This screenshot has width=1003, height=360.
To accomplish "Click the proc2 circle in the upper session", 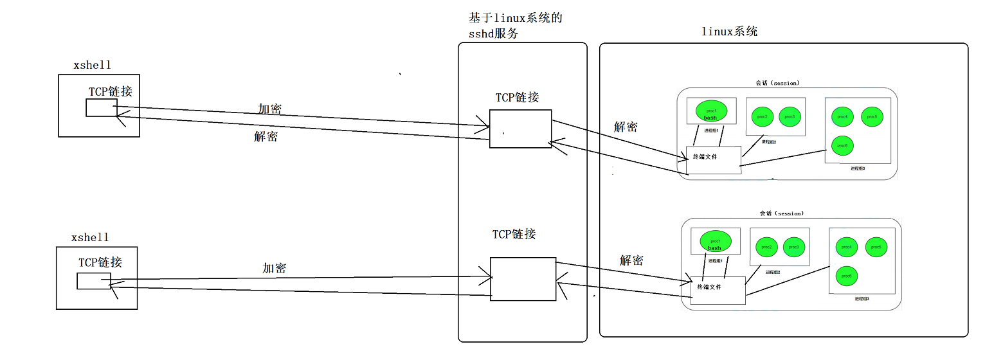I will (762, 117).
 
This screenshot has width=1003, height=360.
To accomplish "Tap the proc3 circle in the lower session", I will (793, 247).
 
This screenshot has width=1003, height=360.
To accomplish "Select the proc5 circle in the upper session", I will (872, 116).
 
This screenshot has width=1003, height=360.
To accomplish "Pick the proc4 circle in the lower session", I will (847, 247).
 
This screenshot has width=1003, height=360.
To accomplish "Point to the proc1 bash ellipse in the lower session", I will (715, 242).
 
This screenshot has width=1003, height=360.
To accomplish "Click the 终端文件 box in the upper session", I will (713, 159).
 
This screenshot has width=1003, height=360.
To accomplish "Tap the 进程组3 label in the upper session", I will (858, 168).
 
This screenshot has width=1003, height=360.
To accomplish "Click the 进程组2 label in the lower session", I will (772, 272).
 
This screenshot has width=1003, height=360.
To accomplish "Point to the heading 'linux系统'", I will (729, 32).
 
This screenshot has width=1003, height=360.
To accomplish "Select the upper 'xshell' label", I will (93, 65).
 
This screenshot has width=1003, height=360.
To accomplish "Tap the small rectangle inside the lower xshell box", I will (93, 281).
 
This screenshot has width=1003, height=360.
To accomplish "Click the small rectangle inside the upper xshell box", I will (102, 108).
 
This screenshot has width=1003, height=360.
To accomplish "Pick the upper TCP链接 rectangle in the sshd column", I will (520, 129).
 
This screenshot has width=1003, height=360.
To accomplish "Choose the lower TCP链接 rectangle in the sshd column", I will (523, 278).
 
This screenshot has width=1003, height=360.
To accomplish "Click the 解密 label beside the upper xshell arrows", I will (266, 136).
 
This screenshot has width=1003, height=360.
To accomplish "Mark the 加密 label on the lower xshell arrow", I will (274, 268).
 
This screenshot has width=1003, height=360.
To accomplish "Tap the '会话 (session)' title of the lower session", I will (781, 213).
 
